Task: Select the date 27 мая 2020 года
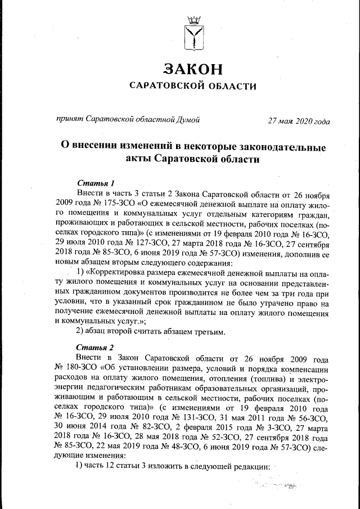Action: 299,120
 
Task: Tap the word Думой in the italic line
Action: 187,119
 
